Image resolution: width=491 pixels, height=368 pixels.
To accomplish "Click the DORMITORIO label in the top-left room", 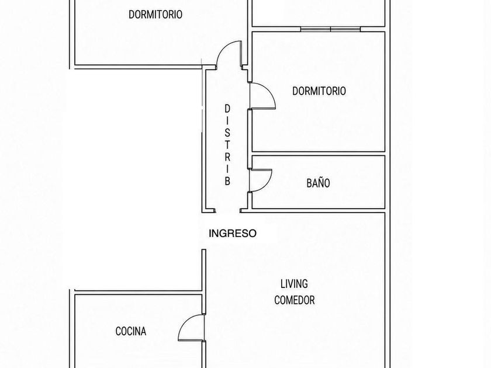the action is click(155, 15).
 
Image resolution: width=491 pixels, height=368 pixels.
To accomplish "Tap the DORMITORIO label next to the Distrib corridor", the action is click(319, 91).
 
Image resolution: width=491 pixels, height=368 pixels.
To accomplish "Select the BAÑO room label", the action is click(318, 183).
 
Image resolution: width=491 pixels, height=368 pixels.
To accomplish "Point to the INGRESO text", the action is click(233, 233).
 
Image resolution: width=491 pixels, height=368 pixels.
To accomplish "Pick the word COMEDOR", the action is click(295, 300).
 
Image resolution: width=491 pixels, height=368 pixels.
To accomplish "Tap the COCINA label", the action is click(131, 331).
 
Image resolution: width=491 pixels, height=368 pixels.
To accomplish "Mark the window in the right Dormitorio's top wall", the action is click(330, 29).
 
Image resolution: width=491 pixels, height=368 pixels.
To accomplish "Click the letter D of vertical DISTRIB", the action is click(227, 109).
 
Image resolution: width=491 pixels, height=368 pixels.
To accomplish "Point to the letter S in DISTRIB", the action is click(227, 133).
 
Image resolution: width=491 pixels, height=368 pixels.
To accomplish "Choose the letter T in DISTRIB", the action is click(227, 145).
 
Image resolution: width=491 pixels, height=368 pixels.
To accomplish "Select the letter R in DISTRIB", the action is click(227, 157).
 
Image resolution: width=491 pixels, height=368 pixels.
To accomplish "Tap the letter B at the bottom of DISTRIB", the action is click(227, 181).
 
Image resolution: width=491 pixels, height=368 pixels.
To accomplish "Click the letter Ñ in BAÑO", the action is click(319, 183).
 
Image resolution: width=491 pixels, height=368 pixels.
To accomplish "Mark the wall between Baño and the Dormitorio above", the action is click(319, 154).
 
